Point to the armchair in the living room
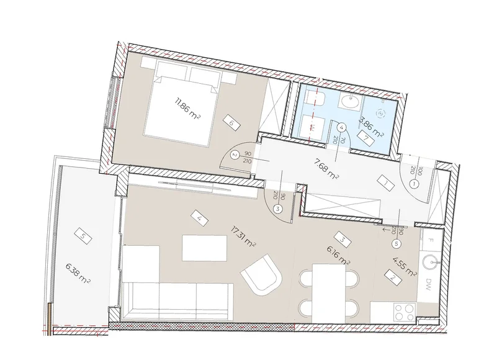pyautogui.click(x=262, y=276)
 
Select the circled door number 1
pyautogui.click(x=413, y=184)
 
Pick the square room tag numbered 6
pyautogui.click(x=231, y=124)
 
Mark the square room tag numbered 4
pyautogui.click(x=198, y=218)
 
